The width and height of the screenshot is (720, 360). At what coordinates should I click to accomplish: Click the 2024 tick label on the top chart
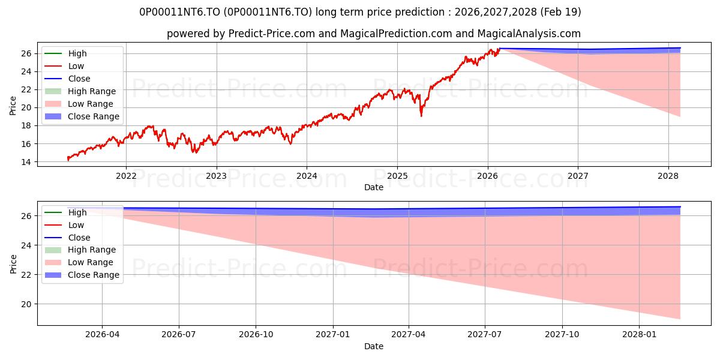point(307,176)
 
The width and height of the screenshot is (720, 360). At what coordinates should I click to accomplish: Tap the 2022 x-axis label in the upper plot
point(126,176)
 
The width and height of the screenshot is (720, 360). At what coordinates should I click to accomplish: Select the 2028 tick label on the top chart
point(668,176)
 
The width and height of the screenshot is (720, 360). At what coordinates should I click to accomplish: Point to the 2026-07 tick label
point(179,335)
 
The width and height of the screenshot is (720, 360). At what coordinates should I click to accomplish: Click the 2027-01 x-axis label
point(332,335)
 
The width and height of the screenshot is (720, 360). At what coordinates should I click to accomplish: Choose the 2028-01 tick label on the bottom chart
point(639,335)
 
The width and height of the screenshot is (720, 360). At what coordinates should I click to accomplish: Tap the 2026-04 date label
point(102,335)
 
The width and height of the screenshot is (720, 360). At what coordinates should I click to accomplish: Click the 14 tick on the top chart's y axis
point(26,162)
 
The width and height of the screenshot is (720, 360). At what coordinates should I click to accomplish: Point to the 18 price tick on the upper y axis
point(26,125)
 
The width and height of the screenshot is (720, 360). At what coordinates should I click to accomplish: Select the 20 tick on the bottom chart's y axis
point(26,304)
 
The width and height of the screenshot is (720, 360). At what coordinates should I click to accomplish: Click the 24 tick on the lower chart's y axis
point(26,245)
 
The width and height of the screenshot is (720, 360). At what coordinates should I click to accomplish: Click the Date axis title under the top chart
point(374,187)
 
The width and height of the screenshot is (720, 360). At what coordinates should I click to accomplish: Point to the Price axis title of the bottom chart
point(13,264)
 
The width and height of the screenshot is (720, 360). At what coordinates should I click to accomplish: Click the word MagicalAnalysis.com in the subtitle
point(529,34)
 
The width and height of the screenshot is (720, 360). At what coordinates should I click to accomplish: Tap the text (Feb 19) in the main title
point(561,12)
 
